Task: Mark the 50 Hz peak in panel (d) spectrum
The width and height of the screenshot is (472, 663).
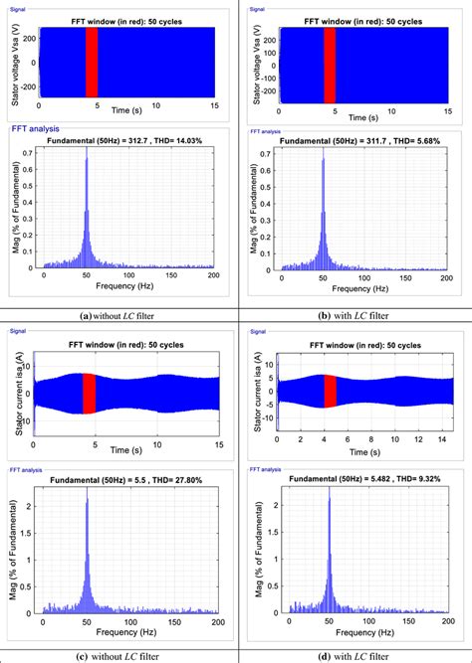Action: [329, 502]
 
